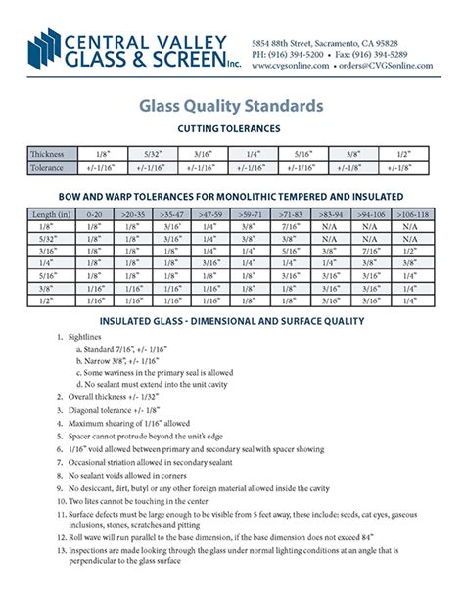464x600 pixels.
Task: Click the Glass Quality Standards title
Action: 231,104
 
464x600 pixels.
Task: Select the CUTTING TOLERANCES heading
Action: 231,128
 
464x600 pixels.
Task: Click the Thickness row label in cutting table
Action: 48,154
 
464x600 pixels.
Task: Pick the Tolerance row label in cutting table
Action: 48,168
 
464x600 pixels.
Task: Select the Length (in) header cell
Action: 51,212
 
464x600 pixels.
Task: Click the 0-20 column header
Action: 93,212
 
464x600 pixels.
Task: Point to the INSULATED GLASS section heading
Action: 232,321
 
